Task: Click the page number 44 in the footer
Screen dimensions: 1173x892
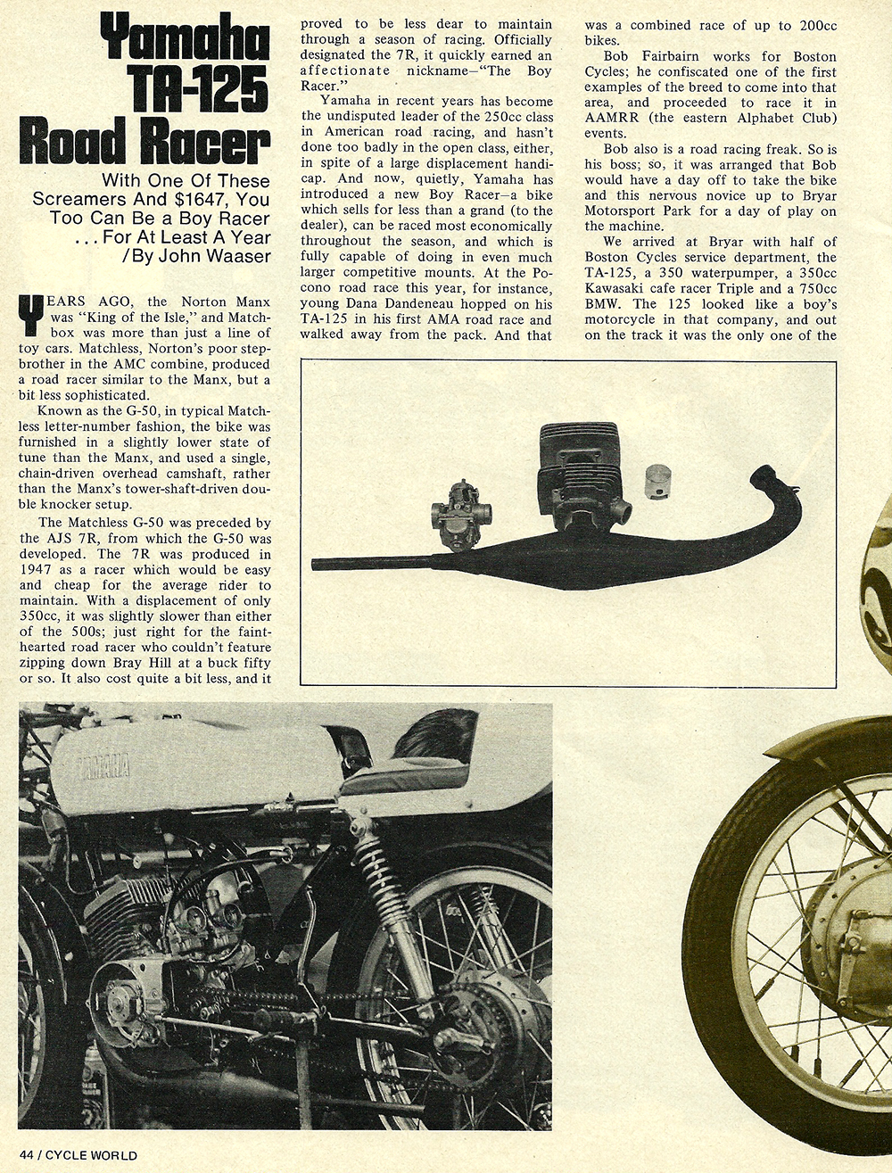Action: pos(25,1155)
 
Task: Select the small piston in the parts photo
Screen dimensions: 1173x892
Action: pos(657,485)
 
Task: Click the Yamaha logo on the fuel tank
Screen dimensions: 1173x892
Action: pos(103,766)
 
